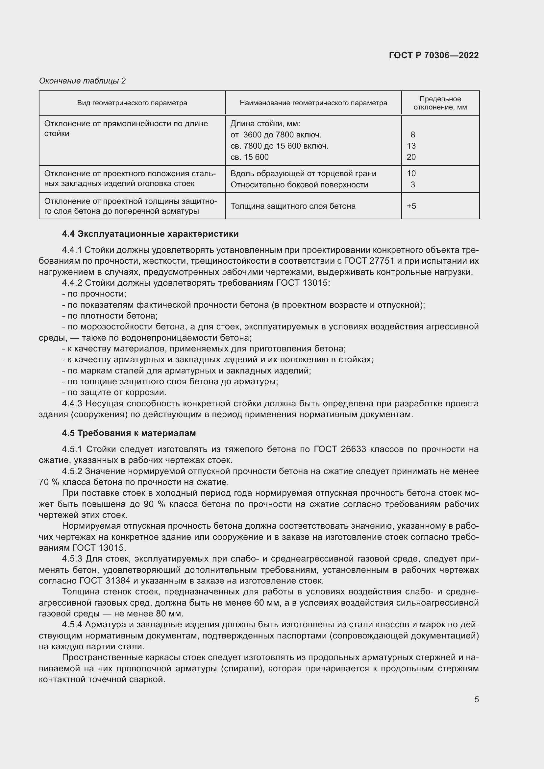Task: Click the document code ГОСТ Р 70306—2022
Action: point(433,55)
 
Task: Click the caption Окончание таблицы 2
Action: point(82,81)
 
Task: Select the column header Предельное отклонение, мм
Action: point(440,103)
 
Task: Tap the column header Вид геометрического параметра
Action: point(132,103)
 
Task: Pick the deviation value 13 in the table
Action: point(411,146)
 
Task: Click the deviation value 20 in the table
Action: point(411,157)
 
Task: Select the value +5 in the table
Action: point(411,206)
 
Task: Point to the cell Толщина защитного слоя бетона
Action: point(293,206)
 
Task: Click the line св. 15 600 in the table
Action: point(250,157)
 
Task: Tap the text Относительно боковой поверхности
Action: point(299,184)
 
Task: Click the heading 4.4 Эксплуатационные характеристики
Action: point(150,234)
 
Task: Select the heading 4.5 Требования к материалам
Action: point(129,433)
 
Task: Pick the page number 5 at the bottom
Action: point(476,699)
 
